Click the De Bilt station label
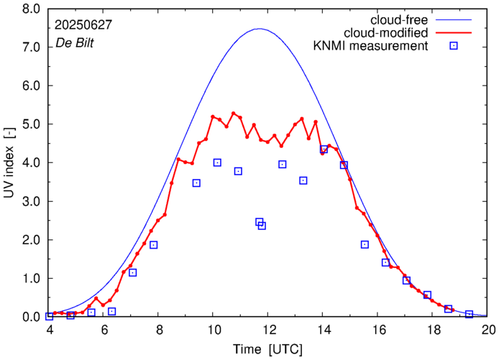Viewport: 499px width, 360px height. point(75,42)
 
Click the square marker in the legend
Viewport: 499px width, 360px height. point(454,47)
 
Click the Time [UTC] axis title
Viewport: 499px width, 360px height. point(267,349)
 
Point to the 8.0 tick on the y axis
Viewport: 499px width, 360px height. point(32,9)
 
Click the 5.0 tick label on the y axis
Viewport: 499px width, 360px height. point(32,124)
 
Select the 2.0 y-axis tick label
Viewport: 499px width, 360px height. point(32,240)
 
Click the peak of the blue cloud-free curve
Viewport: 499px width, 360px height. point(260,29)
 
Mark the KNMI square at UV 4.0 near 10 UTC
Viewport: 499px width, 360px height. point(217,162)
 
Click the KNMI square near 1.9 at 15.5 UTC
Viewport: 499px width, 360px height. point(365,244)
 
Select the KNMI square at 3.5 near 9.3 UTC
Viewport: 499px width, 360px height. point(196,183)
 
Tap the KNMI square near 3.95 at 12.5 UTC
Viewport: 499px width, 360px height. point(283,165)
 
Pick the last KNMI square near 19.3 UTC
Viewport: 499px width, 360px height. point(469,314)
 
